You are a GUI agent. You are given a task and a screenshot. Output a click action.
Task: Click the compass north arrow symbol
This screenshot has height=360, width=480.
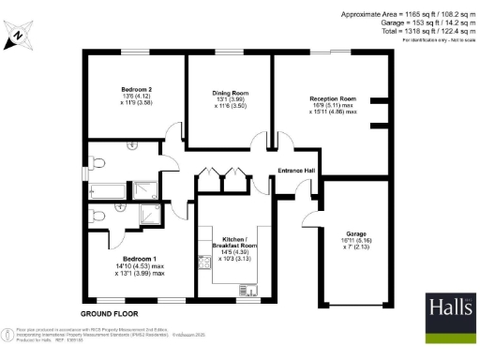click(x=20, y=37)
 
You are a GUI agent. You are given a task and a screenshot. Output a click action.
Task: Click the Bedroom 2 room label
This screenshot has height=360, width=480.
click(x=137, y=89)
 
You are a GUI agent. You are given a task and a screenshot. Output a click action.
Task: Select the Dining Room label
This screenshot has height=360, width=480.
click(x=229, y=93)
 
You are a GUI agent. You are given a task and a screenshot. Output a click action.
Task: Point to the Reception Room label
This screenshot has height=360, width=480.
click(x=334, y=98)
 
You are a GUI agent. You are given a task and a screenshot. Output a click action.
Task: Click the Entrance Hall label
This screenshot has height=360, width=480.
click(x=297, y=170)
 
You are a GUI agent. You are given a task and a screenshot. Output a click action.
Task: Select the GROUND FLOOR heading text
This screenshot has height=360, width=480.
click(x=110, y=311)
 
